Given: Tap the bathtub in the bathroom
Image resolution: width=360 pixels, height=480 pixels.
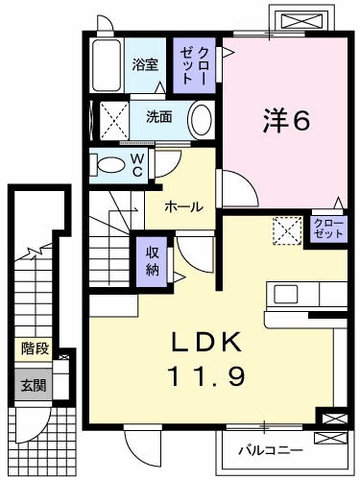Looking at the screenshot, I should (x=108, y=64).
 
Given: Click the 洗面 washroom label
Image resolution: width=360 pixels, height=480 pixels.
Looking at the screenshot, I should (x=158, y=118).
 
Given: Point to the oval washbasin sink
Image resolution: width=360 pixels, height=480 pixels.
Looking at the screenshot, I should (x=200, y=121).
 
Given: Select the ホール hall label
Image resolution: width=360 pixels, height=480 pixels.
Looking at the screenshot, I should (x=182, y=205).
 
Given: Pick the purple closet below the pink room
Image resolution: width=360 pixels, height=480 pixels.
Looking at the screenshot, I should (x=328, y=228).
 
